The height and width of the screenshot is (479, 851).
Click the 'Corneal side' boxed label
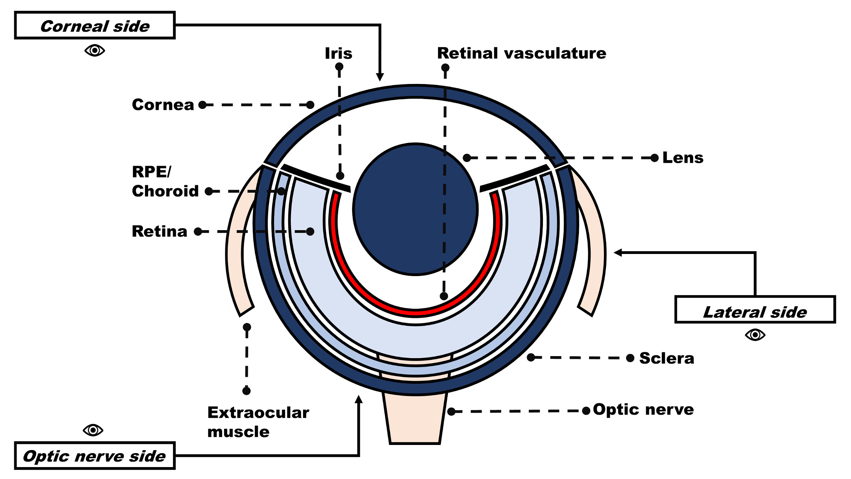click(95, 26)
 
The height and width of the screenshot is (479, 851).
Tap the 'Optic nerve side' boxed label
click(95, 456)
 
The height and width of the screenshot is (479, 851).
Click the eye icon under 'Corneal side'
click(95, 50)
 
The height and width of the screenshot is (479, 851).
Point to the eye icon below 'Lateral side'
click(755, 335)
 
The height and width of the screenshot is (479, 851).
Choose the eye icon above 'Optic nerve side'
click(93, 430)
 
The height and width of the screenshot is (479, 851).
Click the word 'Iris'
click(338, 53)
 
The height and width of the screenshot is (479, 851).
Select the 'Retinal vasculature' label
click(521, 53)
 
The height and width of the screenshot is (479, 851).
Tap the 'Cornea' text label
click(163, 105)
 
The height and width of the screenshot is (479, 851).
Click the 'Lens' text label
click(683, 158)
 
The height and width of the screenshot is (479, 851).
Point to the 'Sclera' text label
click(666, 358)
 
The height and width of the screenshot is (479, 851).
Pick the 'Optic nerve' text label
click(643, 410)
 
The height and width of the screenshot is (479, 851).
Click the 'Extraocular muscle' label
click(258, 422)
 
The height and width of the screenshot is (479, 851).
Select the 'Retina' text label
click(159, 231)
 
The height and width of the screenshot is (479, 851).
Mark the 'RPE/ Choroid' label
click(165, 182)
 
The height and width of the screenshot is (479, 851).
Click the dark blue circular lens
click(415, 209)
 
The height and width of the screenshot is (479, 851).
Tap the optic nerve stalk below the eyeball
click(415, 419)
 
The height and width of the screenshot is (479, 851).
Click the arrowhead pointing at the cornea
click(380, 77)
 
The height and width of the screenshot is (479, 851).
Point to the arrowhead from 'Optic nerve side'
click(358, 399)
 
